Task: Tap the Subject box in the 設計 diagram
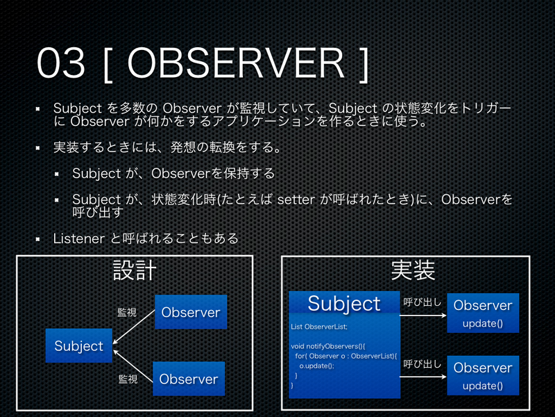[x=78, y=346]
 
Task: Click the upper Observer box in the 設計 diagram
[x=190, y=313]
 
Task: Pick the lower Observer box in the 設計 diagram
[x=189, y=379]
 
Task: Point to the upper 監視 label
[x=127, y=313]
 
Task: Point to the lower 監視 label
[x=128, y=379]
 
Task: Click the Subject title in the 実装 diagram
[x=344, y=303]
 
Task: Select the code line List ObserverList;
[x=318, y=326]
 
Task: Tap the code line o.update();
[x=316, y=365]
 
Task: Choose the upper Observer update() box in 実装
[x=482, y=313]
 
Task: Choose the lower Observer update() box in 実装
[x=482, y=375]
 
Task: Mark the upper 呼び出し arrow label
[x=422, y=302]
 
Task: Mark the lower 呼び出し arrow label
[x=422, y=363]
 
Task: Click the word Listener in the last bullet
[x=79, y=238]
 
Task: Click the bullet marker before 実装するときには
[x=40, y=148]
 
